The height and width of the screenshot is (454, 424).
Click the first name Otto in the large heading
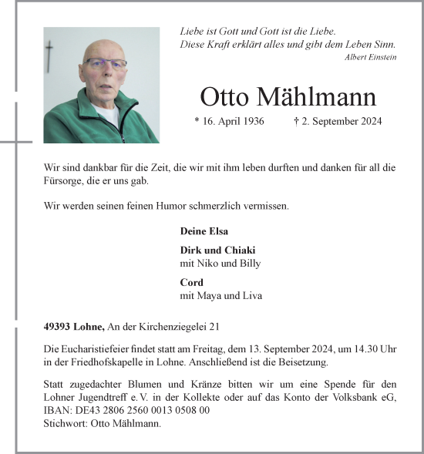coord(225,98)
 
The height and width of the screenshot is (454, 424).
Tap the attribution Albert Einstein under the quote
coord(372,58)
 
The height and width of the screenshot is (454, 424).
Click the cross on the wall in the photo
coord(50,54)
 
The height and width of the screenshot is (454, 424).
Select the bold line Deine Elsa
coord(204,231)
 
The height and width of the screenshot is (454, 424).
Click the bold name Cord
coord(191,283)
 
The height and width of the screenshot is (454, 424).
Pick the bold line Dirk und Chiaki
coord(217,251)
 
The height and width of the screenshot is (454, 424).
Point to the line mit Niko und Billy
coord(220,264)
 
